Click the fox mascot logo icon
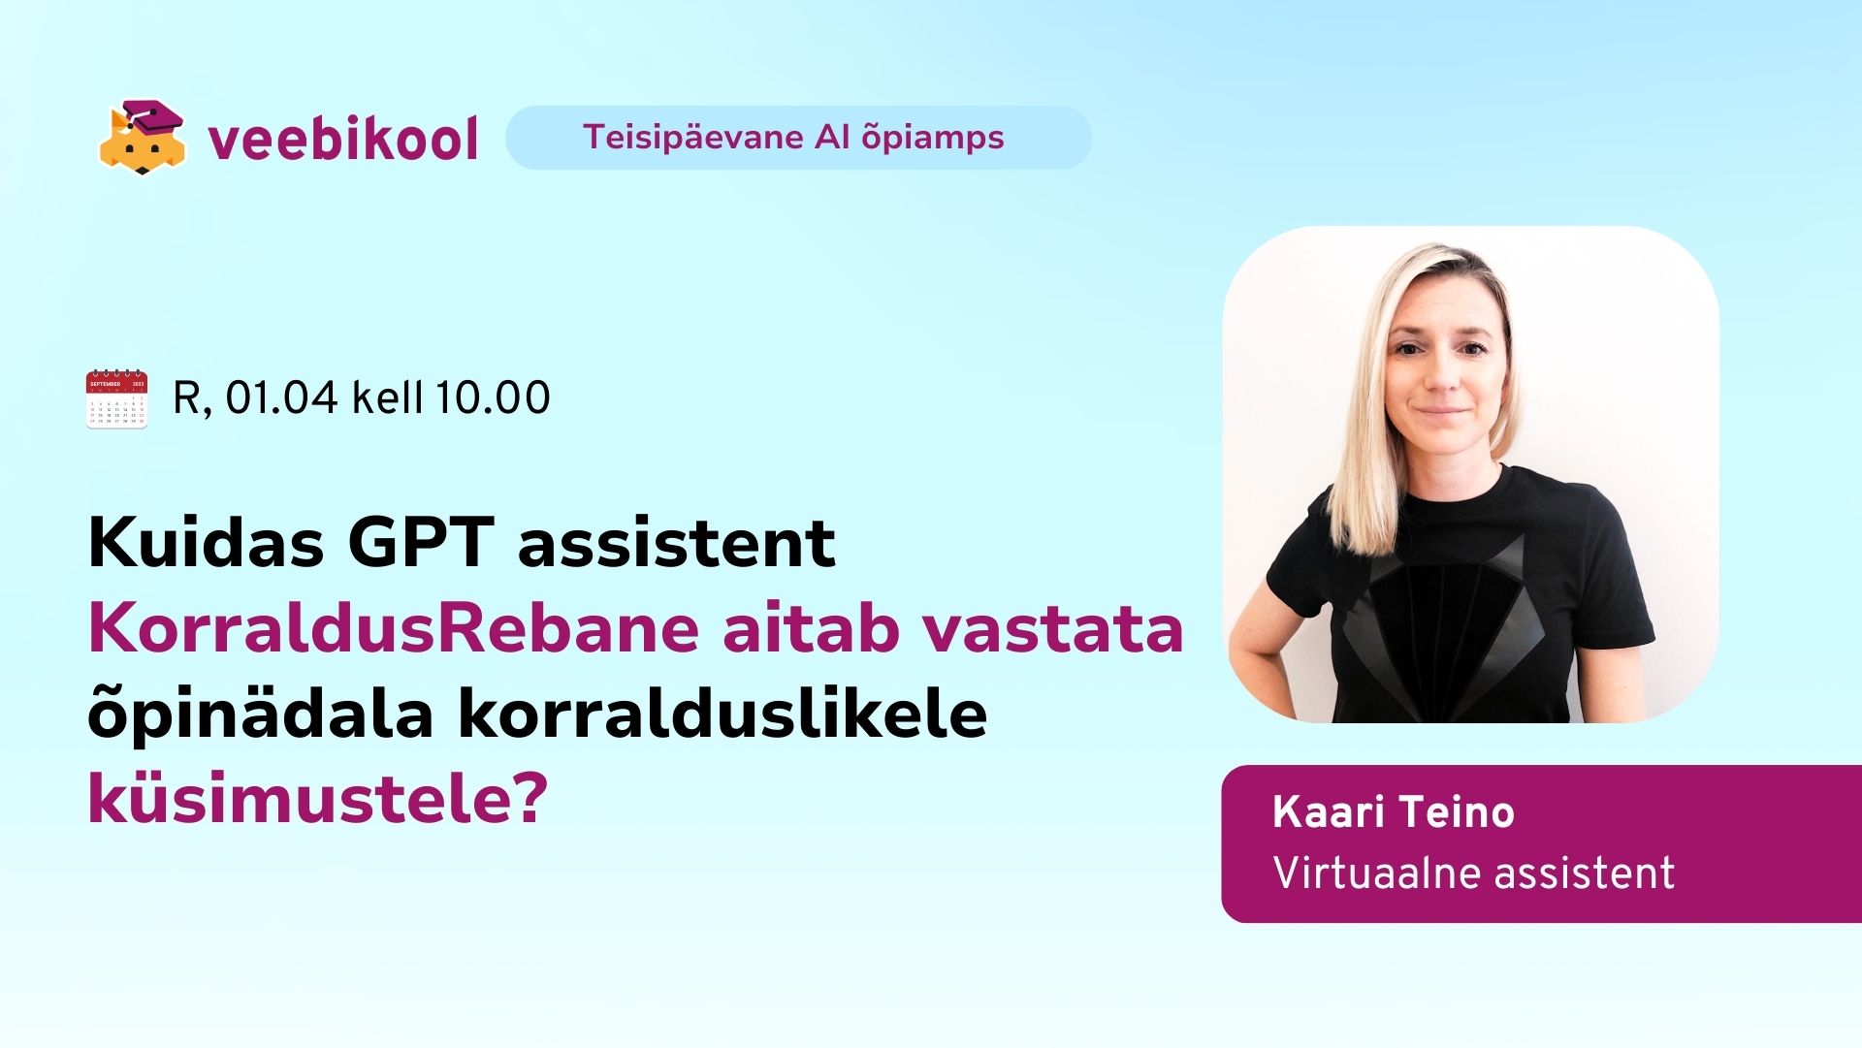142,138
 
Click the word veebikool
343,139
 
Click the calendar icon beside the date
116,398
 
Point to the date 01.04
282,397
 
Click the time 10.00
493,397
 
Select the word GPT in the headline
421,542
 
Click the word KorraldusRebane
394,628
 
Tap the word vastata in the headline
1052,628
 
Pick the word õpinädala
260,715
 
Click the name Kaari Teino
1394,811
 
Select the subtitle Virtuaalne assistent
1474,873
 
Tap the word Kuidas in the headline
206,542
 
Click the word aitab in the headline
811,628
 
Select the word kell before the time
387,397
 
